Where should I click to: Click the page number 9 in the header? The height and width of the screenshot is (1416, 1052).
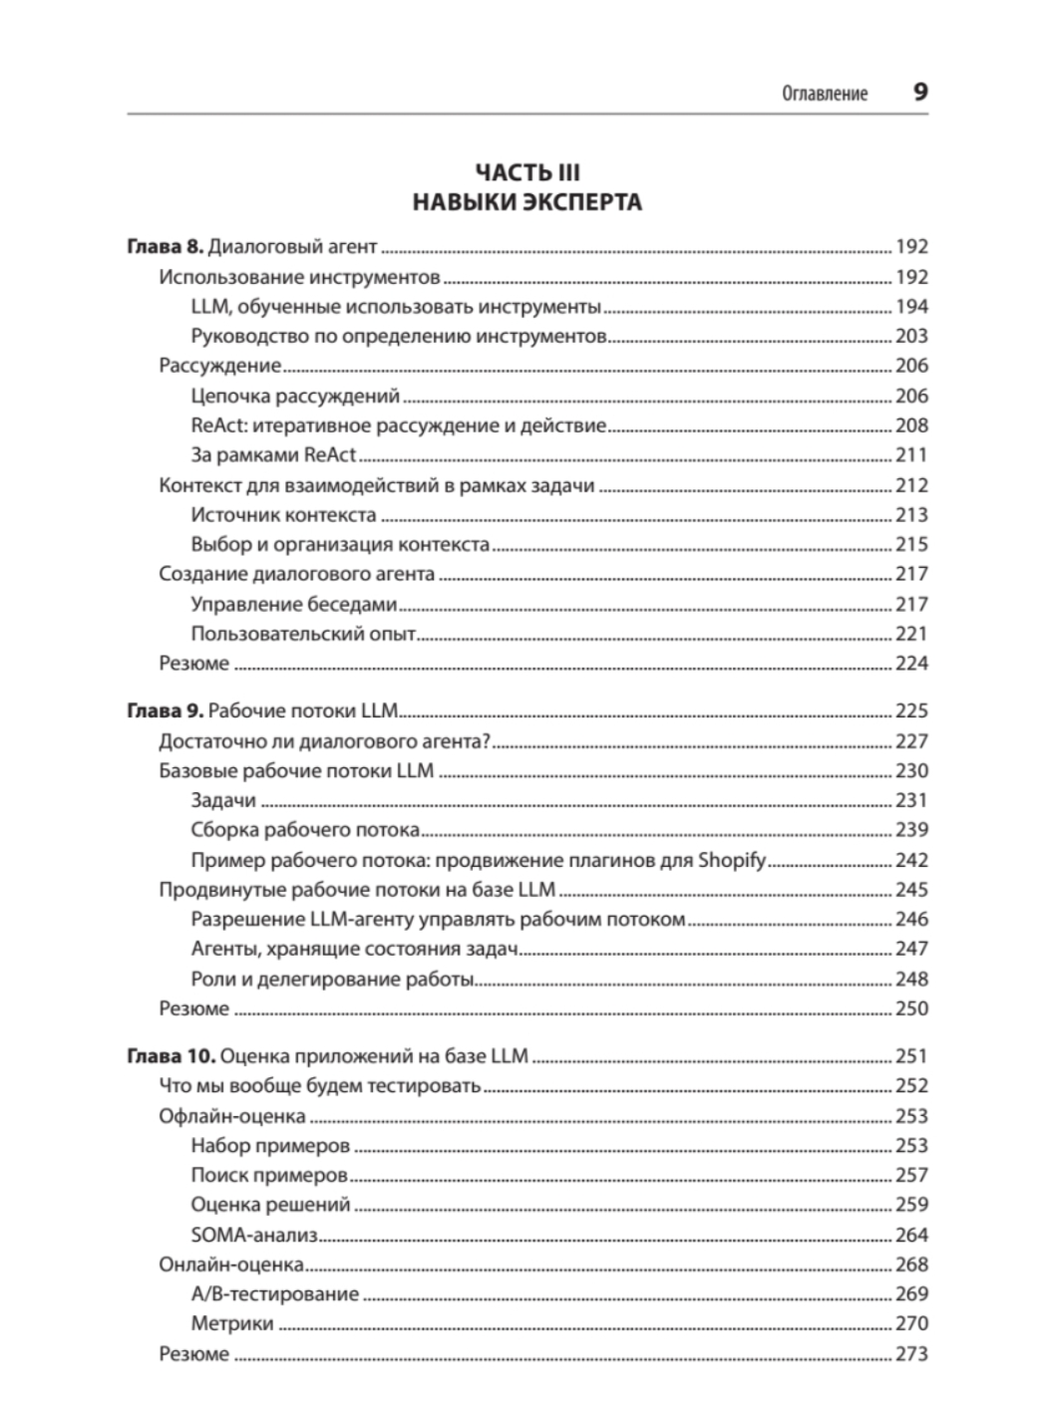click(920, 93)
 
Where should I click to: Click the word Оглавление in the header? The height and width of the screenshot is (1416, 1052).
click(825, 94)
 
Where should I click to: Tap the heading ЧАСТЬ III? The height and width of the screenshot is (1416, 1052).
click(526, 174)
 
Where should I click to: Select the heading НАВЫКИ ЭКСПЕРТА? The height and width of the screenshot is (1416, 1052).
click(526, 203)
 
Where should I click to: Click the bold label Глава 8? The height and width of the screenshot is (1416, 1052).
click(166, 247)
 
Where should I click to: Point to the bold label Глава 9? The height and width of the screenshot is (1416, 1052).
click(166, 711)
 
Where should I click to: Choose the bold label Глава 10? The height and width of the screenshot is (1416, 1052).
click(171, 1056)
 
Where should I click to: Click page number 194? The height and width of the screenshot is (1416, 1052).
click(911, 307)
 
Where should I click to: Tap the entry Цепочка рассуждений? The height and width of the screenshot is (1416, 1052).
click(295, 396)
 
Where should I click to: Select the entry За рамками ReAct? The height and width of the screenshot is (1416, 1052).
click(273, 455)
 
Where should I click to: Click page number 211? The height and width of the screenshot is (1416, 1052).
click(911, 455)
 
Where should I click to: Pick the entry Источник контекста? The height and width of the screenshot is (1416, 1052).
click(283, 515)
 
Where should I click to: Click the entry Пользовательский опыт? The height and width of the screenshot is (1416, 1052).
click(303, 634)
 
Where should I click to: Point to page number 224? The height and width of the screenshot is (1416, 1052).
click(911, 664)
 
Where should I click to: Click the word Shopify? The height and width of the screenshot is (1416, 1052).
click(731, 860)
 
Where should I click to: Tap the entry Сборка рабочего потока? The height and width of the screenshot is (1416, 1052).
click(305, 830)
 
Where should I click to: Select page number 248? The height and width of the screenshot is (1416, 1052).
click(911, 979)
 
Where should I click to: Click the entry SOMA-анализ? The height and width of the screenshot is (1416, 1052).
click(253, 1235)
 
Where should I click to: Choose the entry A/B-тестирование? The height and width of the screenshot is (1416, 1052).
click(274, 1294)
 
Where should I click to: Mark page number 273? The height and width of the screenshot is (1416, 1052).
click(911, 1354)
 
